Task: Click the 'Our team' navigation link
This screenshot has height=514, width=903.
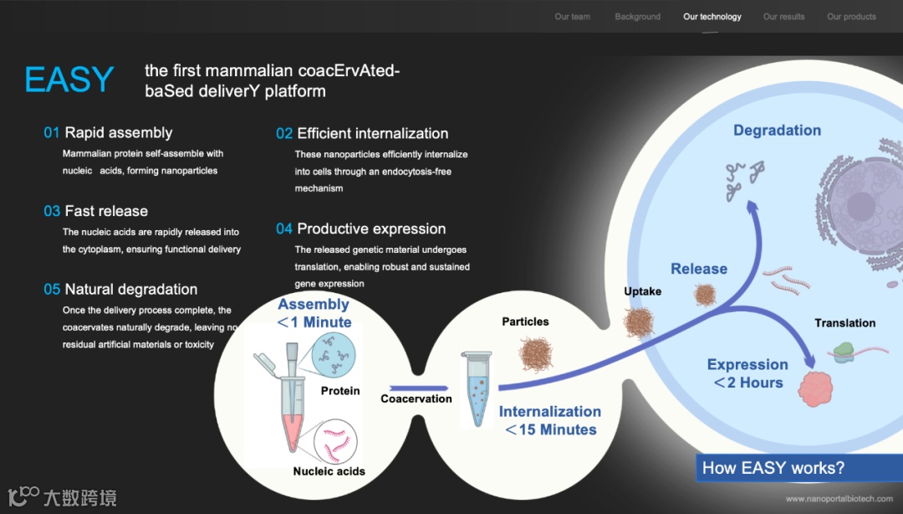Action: pos(572,17)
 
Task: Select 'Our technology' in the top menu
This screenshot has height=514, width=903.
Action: pos(712,17)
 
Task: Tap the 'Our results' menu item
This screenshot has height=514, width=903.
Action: pos(783,17)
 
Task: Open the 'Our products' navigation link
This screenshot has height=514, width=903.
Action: pos(851,17)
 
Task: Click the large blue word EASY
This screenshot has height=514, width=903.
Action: pos(69,80)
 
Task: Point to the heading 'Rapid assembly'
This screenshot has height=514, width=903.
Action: pos(118,132)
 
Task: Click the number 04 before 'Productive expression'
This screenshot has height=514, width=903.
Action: pos(284,229)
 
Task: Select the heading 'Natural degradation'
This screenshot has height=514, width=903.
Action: pos(131,290)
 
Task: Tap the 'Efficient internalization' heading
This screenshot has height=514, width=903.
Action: pos(372,133)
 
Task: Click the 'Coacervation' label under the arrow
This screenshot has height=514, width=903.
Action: pos(416,398)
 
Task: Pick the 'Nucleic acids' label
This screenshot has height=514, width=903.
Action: pos(329,471)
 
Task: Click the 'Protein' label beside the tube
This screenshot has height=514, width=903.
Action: pos(340,391)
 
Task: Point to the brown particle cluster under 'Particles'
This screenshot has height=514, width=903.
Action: pos(536,353)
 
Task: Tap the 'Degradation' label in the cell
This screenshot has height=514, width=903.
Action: pos(777,131)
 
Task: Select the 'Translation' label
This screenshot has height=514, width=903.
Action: pos(844,323)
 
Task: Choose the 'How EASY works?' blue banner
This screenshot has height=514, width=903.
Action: pos(773,468)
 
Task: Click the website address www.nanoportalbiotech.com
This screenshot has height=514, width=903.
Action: pos(839,500)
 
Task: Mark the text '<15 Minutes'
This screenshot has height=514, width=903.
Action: pos(549,430)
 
